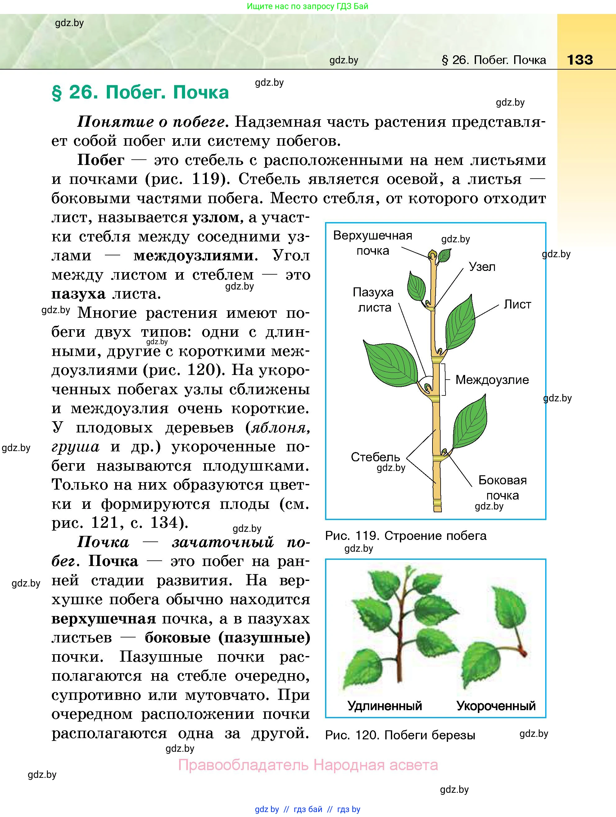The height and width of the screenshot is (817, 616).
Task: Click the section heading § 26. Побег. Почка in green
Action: tap(140, 92)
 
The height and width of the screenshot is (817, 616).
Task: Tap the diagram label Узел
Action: tap(482, 266)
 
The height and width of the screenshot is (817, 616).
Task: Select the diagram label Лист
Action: tap(518, 304)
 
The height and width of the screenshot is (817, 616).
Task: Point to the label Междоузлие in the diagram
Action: tap(492, 380)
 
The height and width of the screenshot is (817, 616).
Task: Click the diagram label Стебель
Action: tap(375, 457)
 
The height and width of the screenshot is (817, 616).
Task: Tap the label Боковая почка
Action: tap(502, 487)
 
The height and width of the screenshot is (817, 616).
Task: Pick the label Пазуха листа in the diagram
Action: tap(374, 299)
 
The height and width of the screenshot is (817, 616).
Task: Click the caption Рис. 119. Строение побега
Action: tap(405, 536)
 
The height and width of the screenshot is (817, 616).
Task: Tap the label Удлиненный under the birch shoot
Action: tap(385, 706)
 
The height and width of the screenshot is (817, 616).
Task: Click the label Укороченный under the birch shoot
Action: tap(496, 706)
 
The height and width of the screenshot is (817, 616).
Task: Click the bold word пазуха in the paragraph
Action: tap(78, 294)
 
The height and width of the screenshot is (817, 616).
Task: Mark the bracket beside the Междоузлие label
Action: tap(445, 379)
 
